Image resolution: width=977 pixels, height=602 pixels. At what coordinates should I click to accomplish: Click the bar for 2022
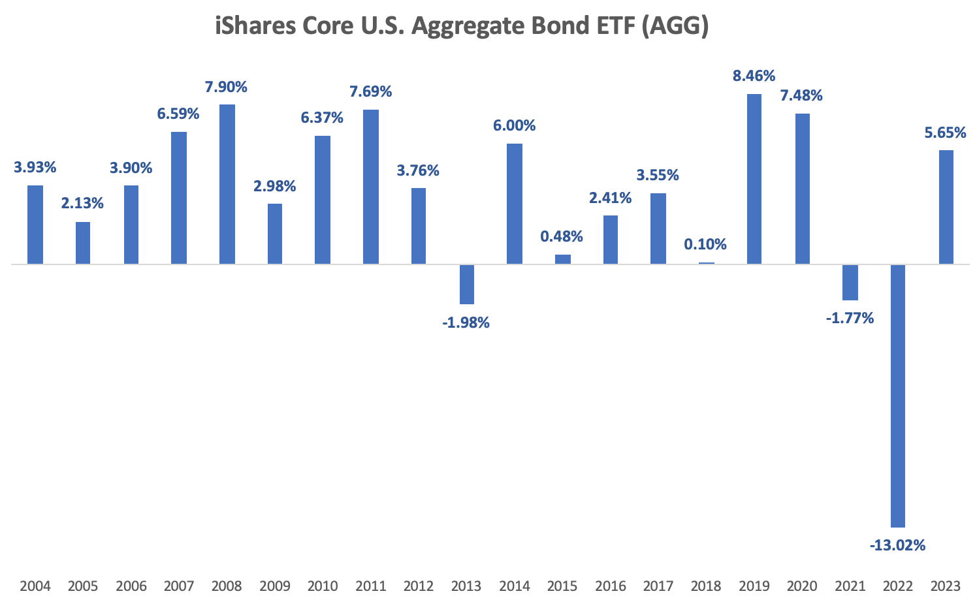898,395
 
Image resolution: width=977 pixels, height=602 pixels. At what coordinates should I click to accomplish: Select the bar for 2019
754,179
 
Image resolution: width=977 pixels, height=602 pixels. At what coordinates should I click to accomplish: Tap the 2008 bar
227,184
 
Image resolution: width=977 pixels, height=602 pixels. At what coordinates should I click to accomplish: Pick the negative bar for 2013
466,284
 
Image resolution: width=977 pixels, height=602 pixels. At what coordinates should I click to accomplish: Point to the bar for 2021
850,282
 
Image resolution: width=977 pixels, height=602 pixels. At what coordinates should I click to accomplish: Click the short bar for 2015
562,259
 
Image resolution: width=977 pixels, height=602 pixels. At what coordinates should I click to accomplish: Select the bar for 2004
35,225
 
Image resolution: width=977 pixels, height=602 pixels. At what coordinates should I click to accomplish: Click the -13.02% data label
897,545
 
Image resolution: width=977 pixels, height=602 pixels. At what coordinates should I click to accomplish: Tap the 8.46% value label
754,76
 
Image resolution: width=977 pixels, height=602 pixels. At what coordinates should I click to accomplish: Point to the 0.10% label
705,244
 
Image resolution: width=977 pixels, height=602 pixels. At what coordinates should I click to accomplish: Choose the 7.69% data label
371,91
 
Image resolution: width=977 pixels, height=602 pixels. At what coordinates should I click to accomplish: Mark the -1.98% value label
466,322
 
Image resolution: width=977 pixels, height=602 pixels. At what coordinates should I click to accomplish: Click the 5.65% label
945,133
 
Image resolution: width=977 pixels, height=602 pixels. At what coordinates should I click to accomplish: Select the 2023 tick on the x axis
945,586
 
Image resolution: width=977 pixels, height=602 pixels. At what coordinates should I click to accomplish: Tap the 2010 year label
323,586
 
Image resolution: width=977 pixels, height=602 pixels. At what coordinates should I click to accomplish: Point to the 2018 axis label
705,586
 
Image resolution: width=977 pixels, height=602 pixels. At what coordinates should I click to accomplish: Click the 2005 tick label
83,586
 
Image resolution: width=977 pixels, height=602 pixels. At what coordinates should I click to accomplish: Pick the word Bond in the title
566,27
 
